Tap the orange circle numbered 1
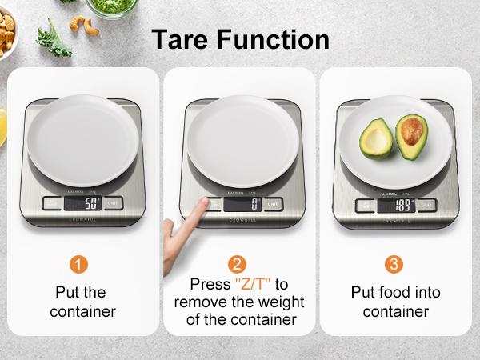pos(78,263)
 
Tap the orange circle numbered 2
pos(237,263)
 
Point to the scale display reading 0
pos(241,203)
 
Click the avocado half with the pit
pos(412,136)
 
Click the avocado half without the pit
pos(375,138)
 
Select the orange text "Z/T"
pos(252,285)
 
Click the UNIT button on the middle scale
pos(274,203)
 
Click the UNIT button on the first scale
pos(113,203)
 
